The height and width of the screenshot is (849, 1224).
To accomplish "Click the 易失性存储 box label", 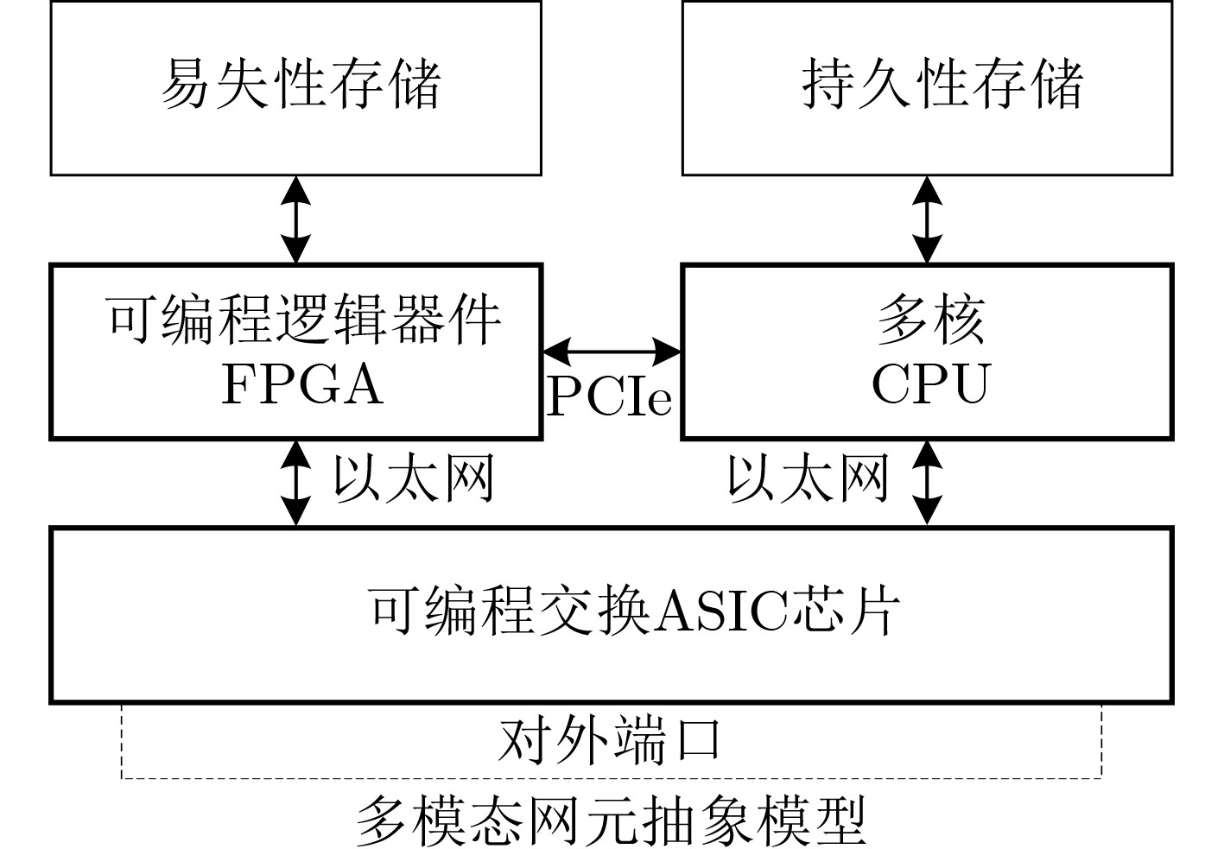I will point(301,84).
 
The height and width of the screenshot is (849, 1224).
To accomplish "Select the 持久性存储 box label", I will point(942,84).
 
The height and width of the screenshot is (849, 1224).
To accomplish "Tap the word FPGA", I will point(301,384).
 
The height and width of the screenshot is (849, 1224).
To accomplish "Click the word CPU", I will point(929,384).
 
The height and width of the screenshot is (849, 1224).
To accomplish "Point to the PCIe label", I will point(610,397).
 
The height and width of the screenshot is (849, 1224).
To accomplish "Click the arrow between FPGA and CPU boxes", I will point(612,351).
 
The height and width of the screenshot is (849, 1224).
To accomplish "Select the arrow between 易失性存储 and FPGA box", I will point(296,219).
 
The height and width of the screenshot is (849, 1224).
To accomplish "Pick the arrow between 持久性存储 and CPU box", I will point(927,219).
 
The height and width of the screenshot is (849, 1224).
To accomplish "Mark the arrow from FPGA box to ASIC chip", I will point(296,483).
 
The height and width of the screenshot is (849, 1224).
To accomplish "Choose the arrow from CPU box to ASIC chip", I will point(927,483).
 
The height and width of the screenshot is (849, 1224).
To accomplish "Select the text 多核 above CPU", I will point(930,320).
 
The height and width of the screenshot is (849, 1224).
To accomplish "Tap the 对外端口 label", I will point(610,741).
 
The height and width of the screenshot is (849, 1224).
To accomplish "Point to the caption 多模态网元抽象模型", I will point(611,821).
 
